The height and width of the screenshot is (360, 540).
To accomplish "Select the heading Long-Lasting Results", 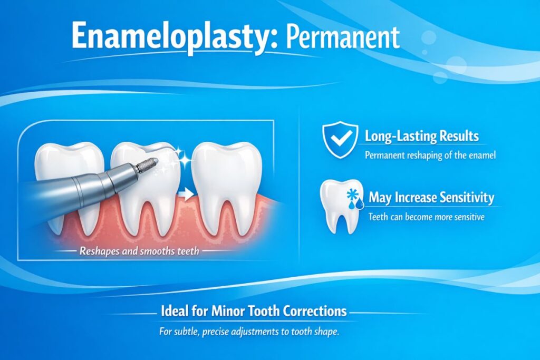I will (422, 136).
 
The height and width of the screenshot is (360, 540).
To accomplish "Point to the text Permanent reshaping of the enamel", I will (429, 155).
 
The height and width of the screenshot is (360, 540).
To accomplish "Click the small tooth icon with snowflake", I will (337, 206).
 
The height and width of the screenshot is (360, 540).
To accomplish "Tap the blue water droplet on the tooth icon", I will (351, 206).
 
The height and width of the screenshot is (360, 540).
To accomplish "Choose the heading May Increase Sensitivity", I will (431, 198).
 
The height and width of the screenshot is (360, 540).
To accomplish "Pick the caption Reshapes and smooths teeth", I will (139, 251).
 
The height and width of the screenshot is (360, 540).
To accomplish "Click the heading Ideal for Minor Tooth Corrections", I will (253, 311).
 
